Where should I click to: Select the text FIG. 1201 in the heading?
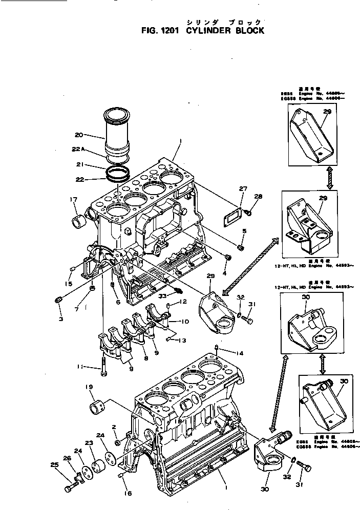(x=159, y=31)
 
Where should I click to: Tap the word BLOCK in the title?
(x=247, y=31)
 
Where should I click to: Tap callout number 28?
(x=258, y=197)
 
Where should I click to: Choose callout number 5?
(x=244, y=231)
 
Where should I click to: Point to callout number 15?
(x=69, y=284)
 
